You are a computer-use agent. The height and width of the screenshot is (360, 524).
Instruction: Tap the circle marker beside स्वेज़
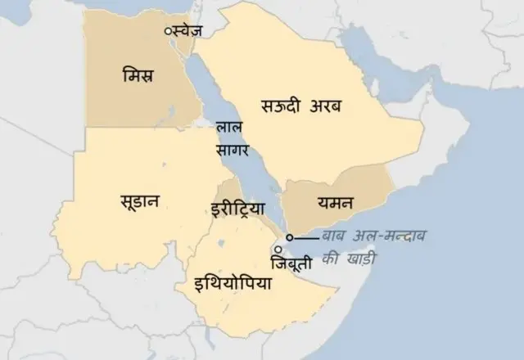tap(168, 30)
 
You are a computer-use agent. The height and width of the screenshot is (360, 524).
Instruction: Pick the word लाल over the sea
tap(228, 128)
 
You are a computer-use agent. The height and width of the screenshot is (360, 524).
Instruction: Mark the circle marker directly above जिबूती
tap(279, 249)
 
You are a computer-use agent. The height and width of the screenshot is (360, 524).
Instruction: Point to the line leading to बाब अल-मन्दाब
tap(306, 237)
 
